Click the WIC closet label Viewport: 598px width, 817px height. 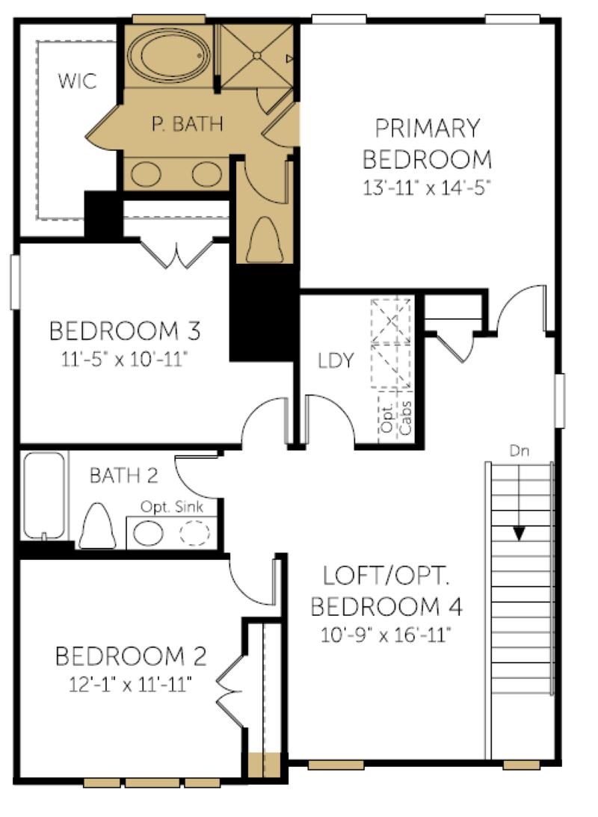point(77,81)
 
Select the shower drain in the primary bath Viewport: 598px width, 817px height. point(256,55)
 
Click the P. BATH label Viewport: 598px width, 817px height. point(187,124)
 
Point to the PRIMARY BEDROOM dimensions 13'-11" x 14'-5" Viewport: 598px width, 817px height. point(427,187)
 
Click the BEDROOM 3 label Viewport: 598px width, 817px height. point(125,331)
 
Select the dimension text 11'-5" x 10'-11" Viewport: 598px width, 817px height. point(124,360)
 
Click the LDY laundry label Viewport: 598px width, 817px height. point(336,360)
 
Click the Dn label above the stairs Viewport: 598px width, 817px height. point(519,451)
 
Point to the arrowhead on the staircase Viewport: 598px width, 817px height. point(519,534)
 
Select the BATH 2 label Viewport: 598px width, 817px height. point(123,475)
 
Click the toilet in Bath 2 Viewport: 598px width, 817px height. point(97,525)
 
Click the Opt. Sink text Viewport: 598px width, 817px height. point(172,507)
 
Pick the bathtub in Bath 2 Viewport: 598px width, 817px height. point(45,496)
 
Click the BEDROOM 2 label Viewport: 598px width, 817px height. point(131,656)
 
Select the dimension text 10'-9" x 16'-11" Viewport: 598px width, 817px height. point(385,635)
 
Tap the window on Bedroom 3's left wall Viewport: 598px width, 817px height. point(15,282)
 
